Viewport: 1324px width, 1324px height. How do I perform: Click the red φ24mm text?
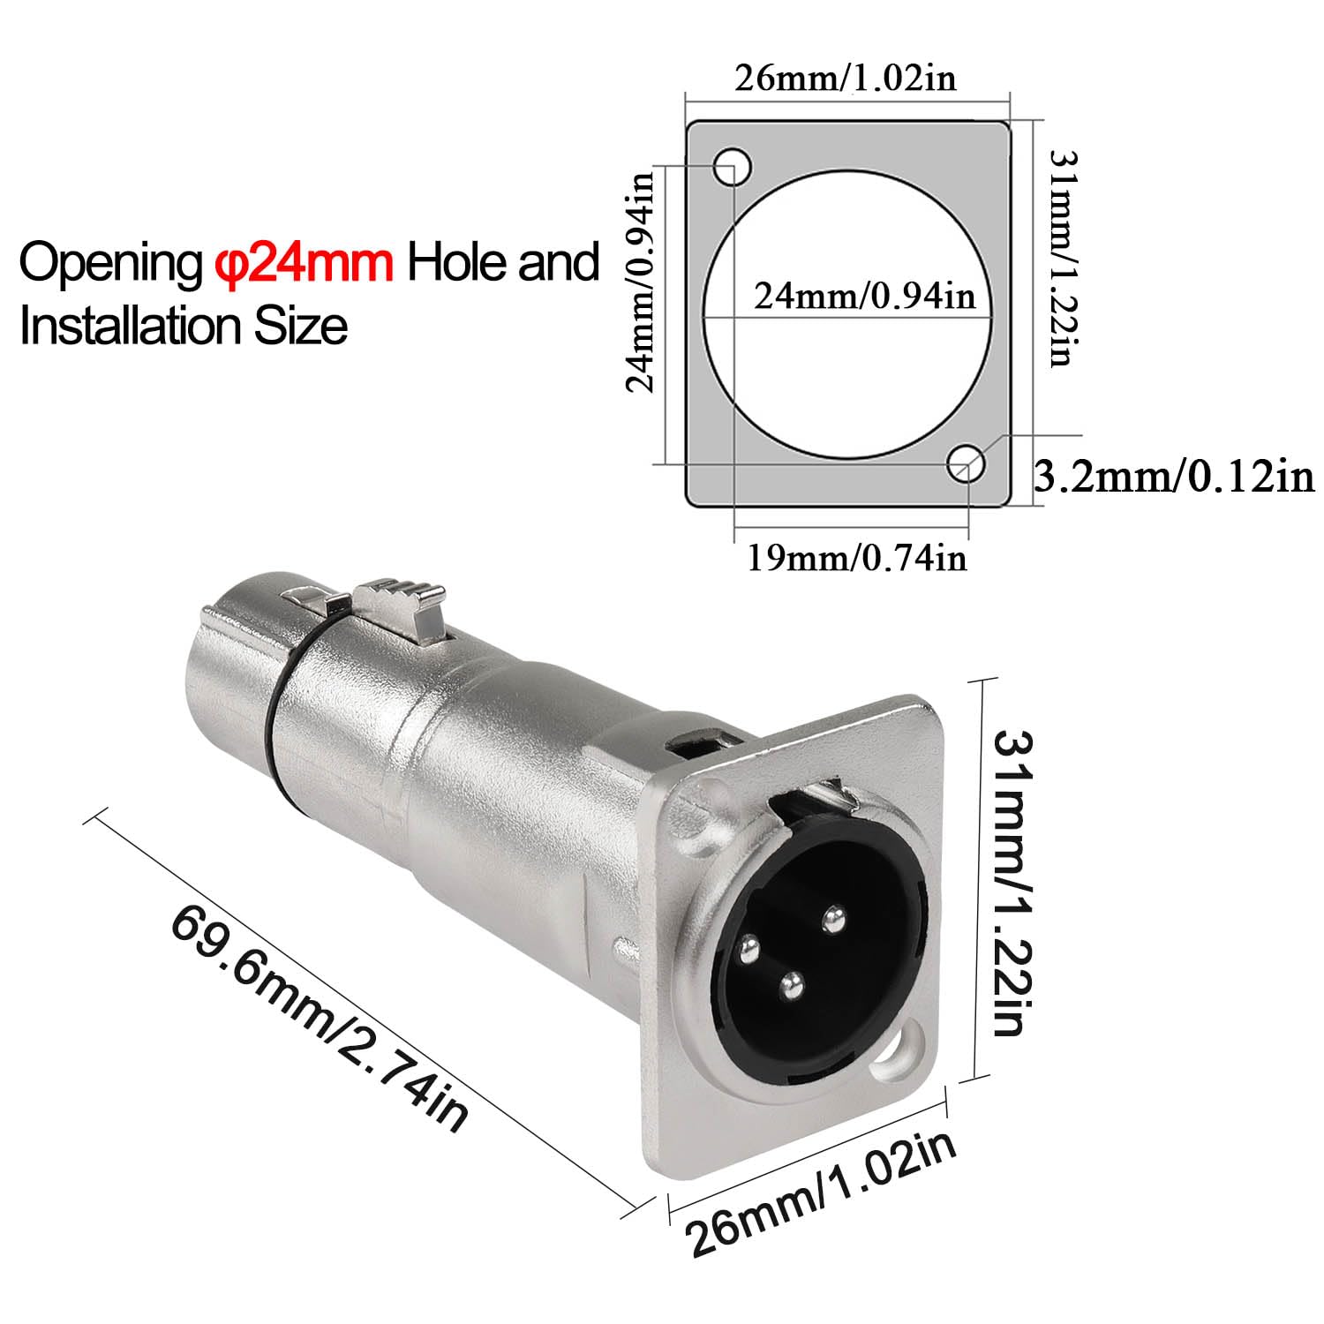point(305,263)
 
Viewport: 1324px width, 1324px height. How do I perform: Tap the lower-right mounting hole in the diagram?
point(967,463)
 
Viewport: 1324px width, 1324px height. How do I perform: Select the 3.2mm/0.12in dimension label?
point(1174,478)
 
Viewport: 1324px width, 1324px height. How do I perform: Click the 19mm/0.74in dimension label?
point(857,558)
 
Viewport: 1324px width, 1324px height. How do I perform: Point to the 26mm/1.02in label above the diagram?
point(846,79)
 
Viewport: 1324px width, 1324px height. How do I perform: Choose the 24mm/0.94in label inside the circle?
point(865,295)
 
